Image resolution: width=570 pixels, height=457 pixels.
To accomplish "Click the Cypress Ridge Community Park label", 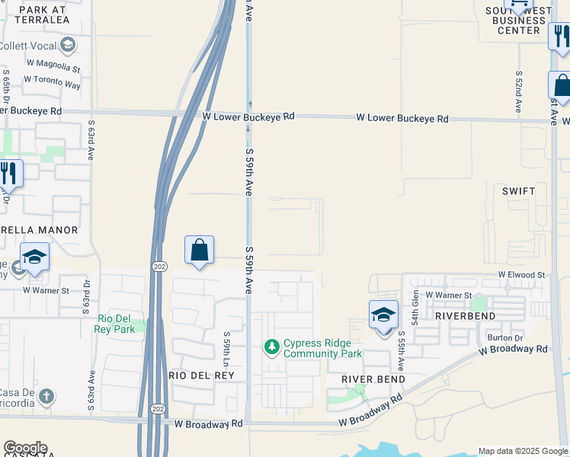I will [x=322, y=348].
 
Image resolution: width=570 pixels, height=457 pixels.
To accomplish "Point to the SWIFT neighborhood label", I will [x=518, y=191].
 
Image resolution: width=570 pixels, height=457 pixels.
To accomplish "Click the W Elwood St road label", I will [x=522, y=274].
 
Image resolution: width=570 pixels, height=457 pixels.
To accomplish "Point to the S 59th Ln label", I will [x=226, y=347].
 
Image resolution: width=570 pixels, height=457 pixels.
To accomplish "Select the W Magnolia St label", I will [x=53, y=68].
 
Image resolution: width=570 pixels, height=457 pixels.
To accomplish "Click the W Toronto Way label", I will [x=52, y=81].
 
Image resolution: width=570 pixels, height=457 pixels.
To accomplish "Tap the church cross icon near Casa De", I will [x=46, y=396].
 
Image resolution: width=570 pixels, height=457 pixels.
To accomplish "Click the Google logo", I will [x=25, y=448].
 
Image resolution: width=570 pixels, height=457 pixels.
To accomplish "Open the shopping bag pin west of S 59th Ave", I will [x=199, y=250].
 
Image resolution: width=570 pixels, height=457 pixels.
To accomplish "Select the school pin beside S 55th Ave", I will [x=383, y=315].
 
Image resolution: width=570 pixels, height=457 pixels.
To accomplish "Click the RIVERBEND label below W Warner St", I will [x=466, y=315].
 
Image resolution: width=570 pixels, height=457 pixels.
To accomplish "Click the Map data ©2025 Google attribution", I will [x=523, y=451].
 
